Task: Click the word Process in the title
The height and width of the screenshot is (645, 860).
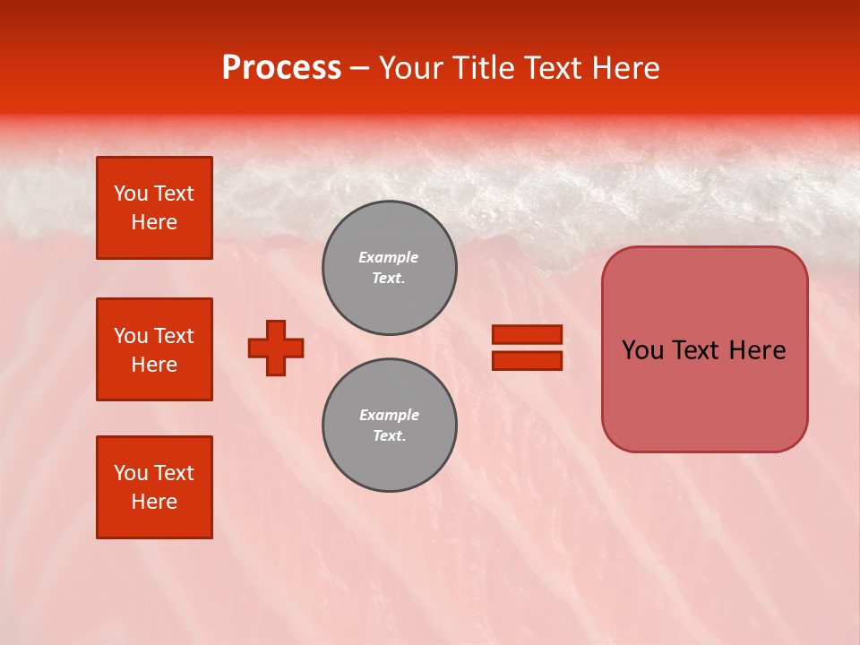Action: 281,68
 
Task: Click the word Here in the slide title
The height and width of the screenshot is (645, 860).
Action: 624,68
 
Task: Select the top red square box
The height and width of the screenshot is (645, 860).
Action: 154,208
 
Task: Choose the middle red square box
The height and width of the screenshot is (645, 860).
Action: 154,349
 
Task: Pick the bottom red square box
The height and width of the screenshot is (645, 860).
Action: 154,487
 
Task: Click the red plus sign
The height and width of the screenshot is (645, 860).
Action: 276,348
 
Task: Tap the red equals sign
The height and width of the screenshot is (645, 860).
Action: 528,348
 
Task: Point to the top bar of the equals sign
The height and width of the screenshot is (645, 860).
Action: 528,334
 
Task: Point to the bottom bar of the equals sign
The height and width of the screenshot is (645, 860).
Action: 528,360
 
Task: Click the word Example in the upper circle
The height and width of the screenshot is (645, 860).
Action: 389,257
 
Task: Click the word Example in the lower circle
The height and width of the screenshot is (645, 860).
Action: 389,415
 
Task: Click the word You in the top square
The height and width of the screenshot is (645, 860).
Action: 131,193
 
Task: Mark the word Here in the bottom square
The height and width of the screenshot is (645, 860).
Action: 154,502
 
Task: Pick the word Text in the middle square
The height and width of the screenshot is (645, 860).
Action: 174,336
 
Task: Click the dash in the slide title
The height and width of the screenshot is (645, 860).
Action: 359,69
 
